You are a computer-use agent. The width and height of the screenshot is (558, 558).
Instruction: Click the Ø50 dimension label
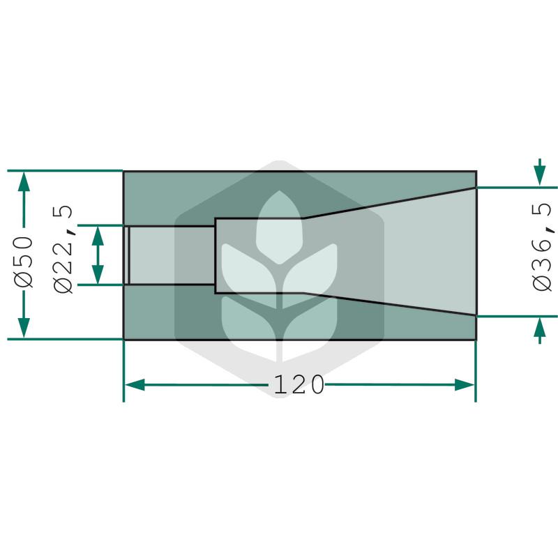24,262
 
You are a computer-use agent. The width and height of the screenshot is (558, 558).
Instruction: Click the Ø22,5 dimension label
63,249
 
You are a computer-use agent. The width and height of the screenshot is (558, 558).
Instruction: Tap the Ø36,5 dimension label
543,247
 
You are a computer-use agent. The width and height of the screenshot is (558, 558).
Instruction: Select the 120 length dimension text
299,385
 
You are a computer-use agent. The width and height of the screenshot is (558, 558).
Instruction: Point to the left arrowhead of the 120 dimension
135,385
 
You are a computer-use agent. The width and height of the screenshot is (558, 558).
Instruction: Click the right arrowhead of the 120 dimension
465,385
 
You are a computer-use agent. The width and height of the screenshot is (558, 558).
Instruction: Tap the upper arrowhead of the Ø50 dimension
24,181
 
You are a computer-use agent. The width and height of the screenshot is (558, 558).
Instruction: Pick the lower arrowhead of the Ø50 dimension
24,328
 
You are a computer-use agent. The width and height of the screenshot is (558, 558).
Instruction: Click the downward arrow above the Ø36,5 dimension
540,172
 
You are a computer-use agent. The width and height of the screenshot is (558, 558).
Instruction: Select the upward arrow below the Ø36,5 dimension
540,330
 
